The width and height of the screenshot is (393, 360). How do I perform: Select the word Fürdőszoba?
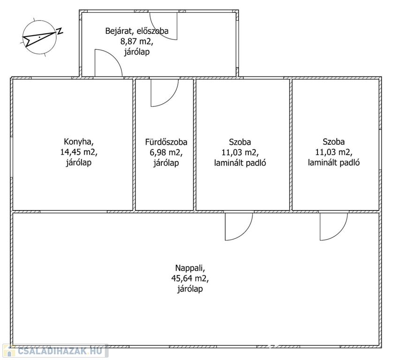tap(166, 142)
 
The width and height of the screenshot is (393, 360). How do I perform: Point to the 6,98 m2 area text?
tap(166, 152)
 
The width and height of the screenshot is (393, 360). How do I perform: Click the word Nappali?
tap(190, 268)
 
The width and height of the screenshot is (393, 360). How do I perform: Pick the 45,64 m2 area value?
tap(190, 278)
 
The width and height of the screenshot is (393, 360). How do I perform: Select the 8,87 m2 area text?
tap(137, 41)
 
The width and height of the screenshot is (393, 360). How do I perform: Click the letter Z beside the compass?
tap(60, 31)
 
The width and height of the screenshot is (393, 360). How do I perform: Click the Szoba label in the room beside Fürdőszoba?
tap(240, 142)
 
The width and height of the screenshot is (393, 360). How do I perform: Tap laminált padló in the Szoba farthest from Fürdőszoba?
tap(333, 163)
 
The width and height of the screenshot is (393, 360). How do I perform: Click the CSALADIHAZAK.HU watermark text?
tap(60, 351)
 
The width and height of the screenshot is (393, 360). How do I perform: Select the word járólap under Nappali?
tap(190, 289)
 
